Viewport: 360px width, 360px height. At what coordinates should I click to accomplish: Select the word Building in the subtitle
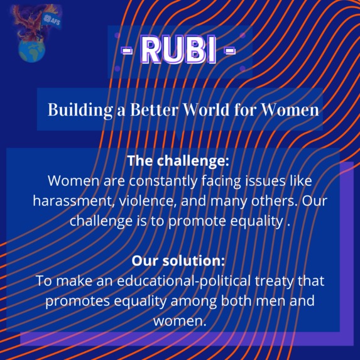74,109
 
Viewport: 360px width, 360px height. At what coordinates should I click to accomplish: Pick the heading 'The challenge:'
178,160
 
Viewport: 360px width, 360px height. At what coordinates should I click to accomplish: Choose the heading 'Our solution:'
178,260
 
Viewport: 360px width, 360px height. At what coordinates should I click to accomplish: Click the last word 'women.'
180,320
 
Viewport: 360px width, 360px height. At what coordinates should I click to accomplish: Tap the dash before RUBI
126,50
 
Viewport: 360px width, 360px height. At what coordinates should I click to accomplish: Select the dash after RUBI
230,50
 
